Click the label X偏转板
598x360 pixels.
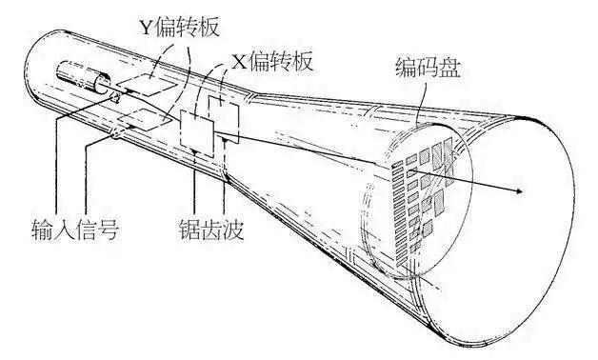(x=275, y=62)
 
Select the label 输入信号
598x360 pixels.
(x=73, y=230)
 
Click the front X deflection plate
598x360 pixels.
(x=199, y=130)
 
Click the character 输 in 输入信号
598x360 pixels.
(x=38, y=230)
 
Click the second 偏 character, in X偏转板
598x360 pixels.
(x=264, y=62)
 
